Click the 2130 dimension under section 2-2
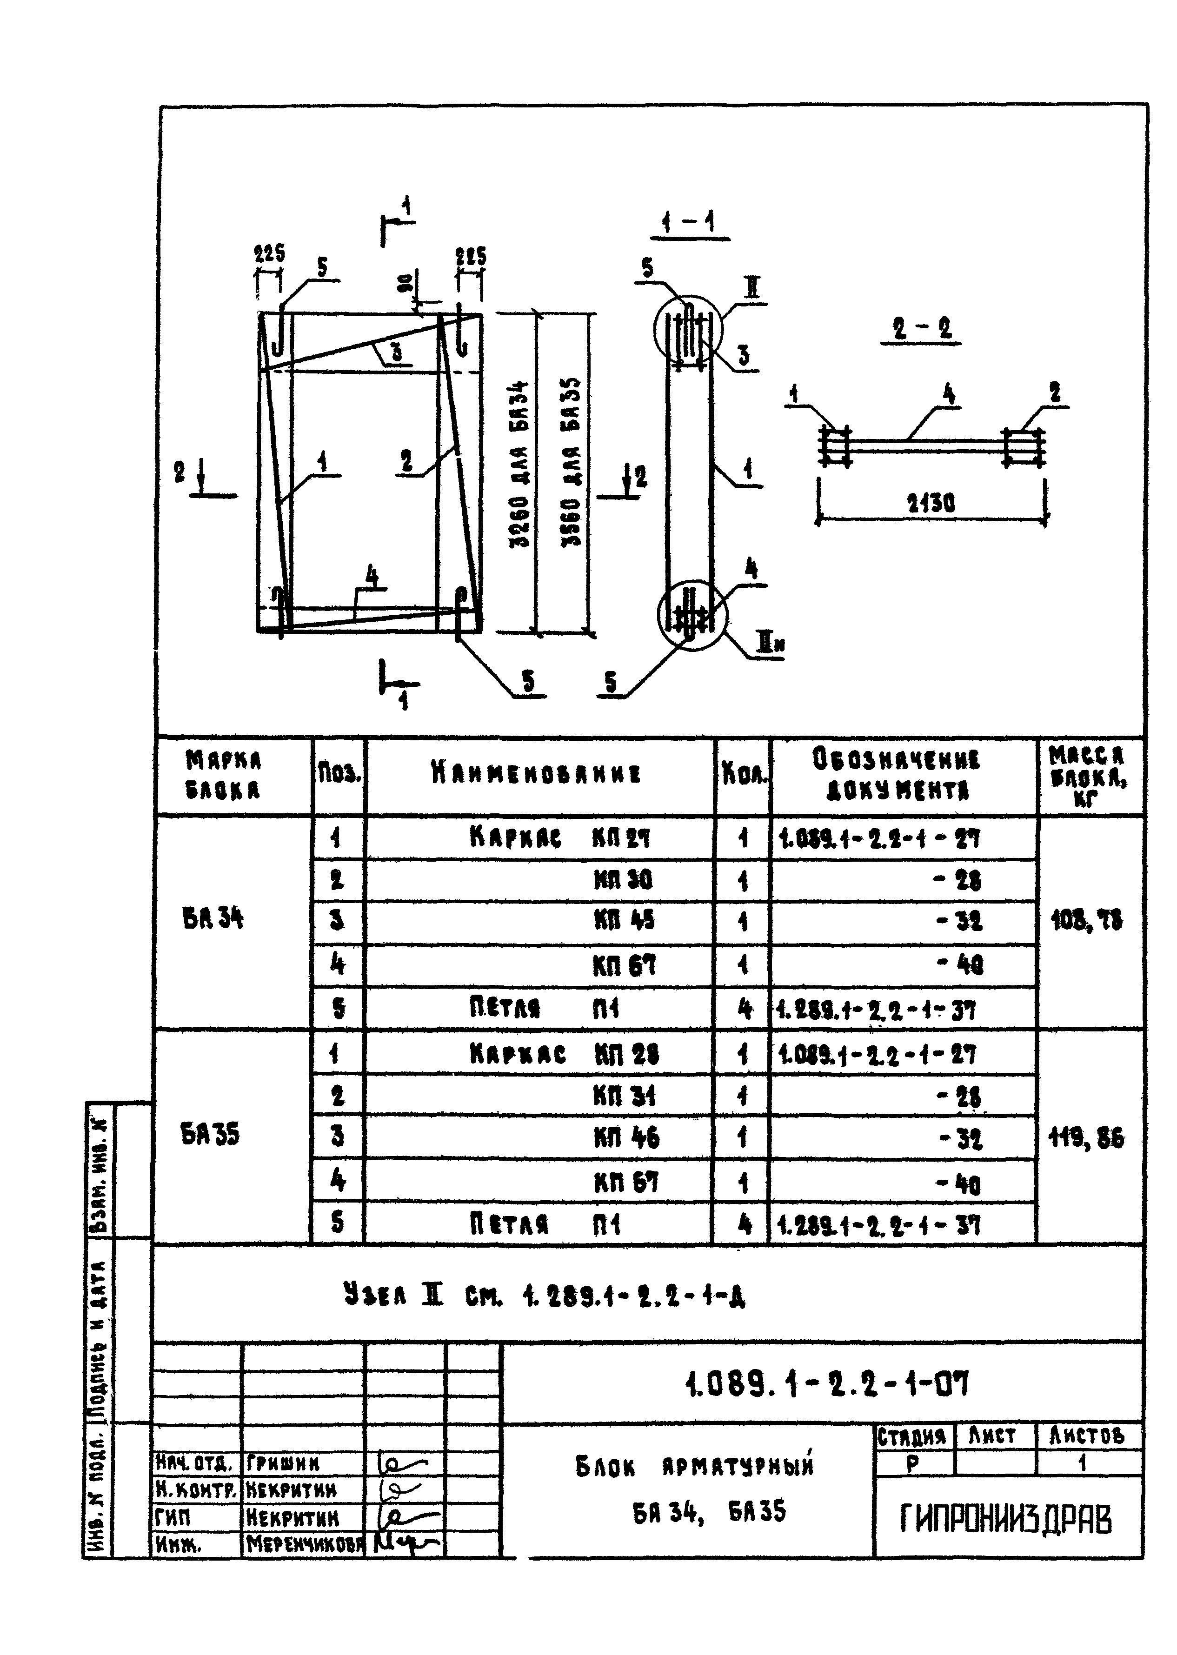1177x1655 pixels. click(931, 503)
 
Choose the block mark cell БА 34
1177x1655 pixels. click(213, 919)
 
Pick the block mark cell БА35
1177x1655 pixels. click(210, 1134)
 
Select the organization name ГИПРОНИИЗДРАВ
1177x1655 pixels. click(1005, 1520)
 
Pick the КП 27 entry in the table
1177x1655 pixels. click(621, 838)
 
